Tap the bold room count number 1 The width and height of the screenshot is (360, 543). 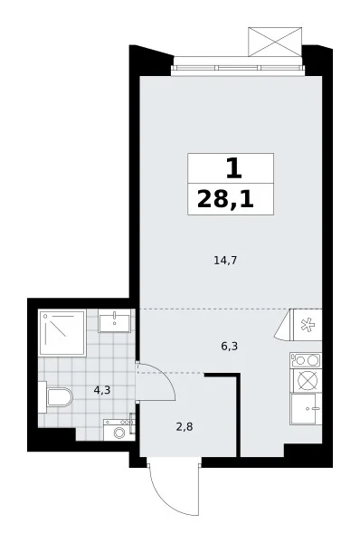pos(233,168)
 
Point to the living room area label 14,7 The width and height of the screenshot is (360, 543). pos(225,261)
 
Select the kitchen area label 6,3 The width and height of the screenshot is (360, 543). pos(229,346)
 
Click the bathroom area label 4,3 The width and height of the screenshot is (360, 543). pos(102,390)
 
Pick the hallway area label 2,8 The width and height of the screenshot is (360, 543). pos(185,427)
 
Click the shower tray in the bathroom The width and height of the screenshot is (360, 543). pos(62,333)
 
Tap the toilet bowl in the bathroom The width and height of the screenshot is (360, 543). pos(59,397)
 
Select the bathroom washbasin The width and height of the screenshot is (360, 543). pos(115,321)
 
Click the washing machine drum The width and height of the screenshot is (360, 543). pos(119,433)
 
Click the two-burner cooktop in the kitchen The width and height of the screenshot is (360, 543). pos(306,360)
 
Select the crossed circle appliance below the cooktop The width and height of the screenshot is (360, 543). pos(308,381)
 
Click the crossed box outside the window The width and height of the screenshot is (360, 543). pos(275,42)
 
